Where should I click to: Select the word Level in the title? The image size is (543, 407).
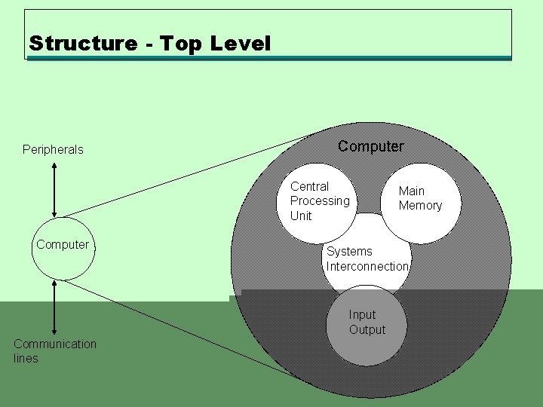pyautogui.click(x=239, y=43)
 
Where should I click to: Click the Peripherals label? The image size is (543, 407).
pyautogui.click(x=53, y=149)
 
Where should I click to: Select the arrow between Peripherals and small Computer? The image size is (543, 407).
pyautogui.click(x=54, y=188)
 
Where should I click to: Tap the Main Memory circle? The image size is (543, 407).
pyautogui.click(x=420, y=202)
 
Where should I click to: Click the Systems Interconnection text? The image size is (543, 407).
pyautogui.click(x=367, y=259)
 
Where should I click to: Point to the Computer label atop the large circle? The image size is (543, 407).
pyautogui.click(x=370, y=146)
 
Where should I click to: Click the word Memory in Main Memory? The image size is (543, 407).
pyautogui.click(x=420, y=206)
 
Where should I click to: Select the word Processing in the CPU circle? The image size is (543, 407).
pyautogui.click(x=320, y=201)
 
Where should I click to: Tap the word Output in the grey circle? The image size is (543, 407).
pyautogui.click(x=367, y=330)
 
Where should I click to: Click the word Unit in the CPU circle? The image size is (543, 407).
pyautogui.click(x=301, y=216)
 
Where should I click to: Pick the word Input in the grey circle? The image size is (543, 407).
pyautogui.click(x=362, y=315)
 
